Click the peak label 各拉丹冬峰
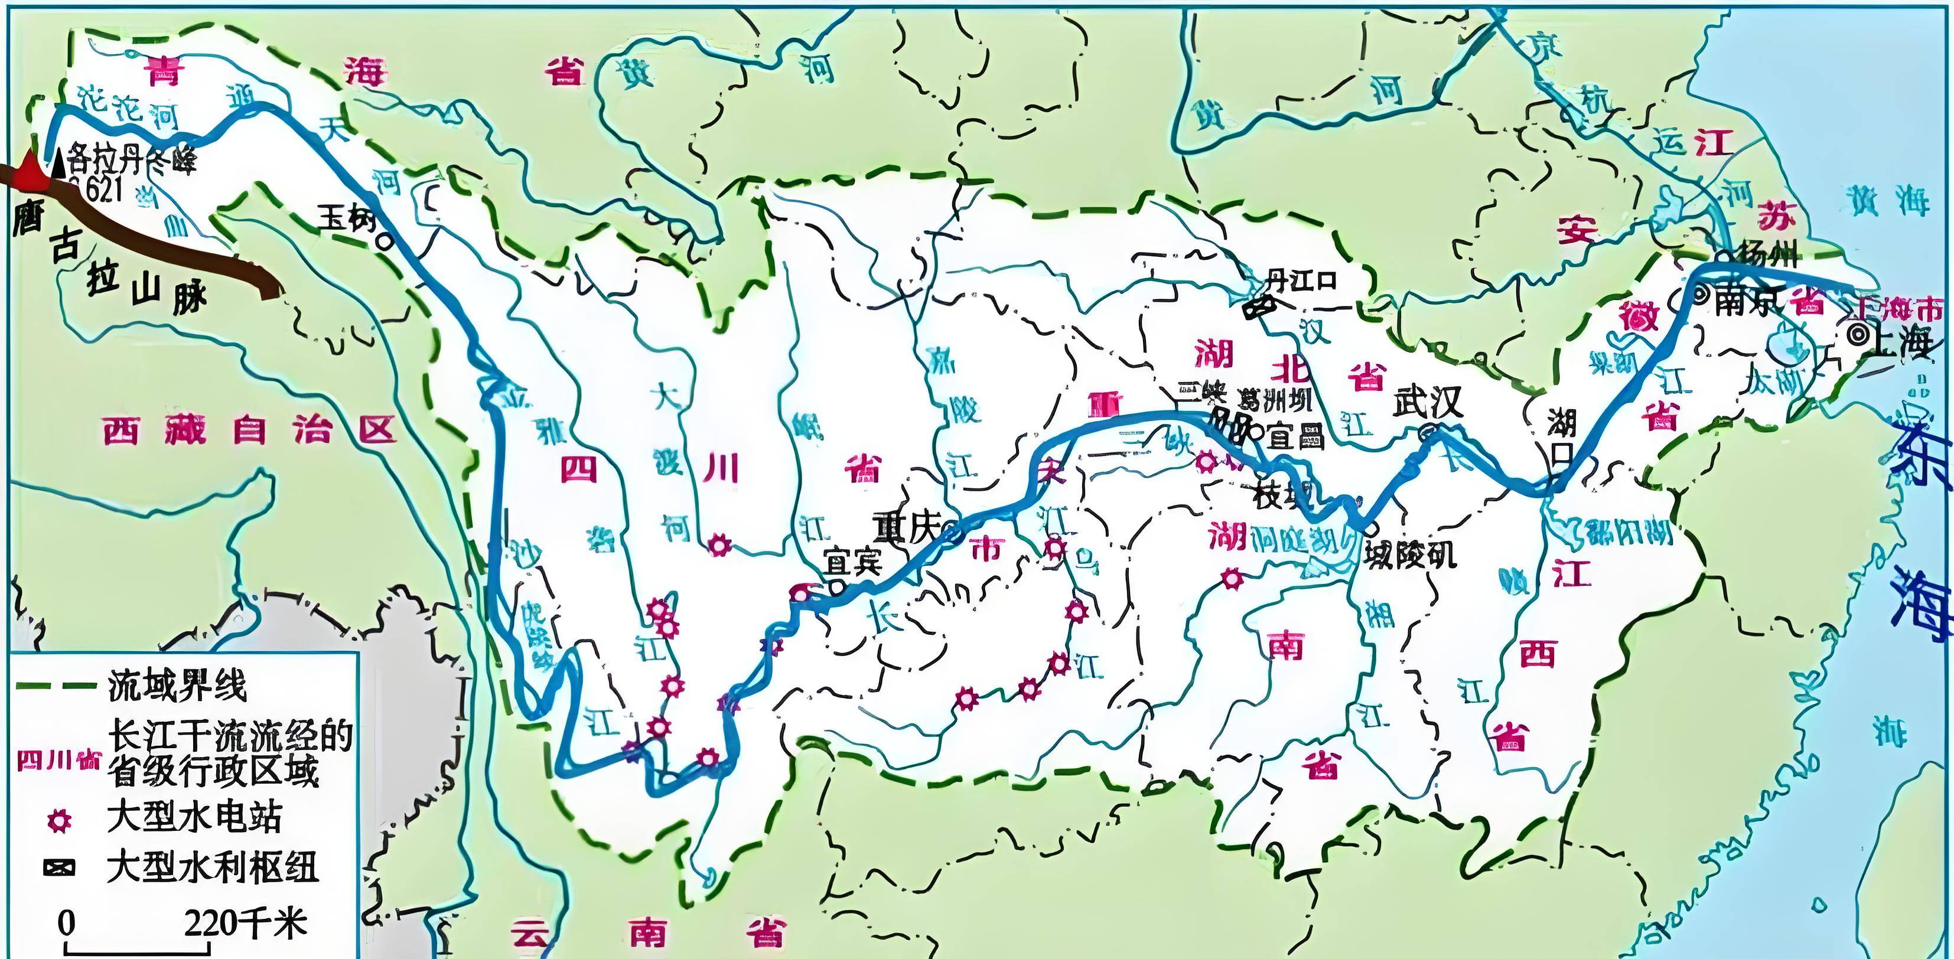(x=131, y=161)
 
